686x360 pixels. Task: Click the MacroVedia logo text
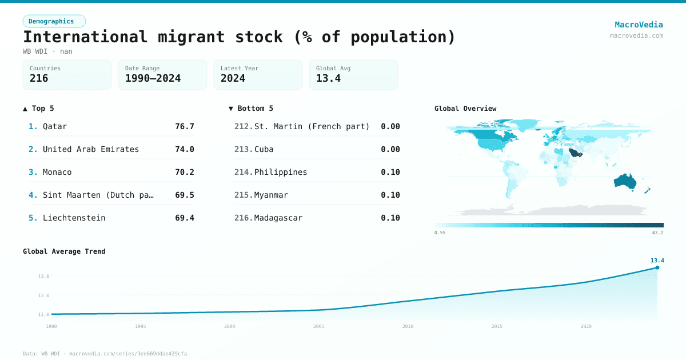coord(639,25)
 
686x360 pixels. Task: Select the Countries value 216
coord(39,78)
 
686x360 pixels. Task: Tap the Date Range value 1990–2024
coord(153,78)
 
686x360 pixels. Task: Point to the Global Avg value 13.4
coord(328,78)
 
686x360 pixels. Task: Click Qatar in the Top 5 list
coord(55,126)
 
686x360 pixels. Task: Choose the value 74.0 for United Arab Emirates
coord(185,149)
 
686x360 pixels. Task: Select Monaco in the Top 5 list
coord(57,172)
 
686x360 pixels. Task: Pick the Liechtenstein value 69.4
coord(185,218)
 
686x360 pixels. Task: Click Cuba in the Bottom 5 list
coord(264,149)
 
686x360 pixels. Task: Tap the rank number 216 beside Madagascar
coord(243,218)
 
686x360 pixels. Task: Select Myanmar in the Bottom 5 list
coord(271,195)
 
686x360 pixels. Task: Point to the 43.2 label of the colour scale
coord(657,233)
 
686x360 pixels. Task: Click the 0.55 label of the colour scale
coord(440,233)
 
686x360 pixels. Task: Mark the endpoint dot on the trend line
coord(657,267)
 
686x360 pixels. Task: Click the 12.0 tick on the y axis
coord(43,295)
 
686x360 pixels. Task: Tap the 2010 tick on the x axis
coord(408,326)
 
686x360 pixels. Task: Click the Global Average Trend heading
coord(64,251)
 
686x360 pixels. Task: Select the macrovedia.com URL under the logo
coord(636,35)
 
